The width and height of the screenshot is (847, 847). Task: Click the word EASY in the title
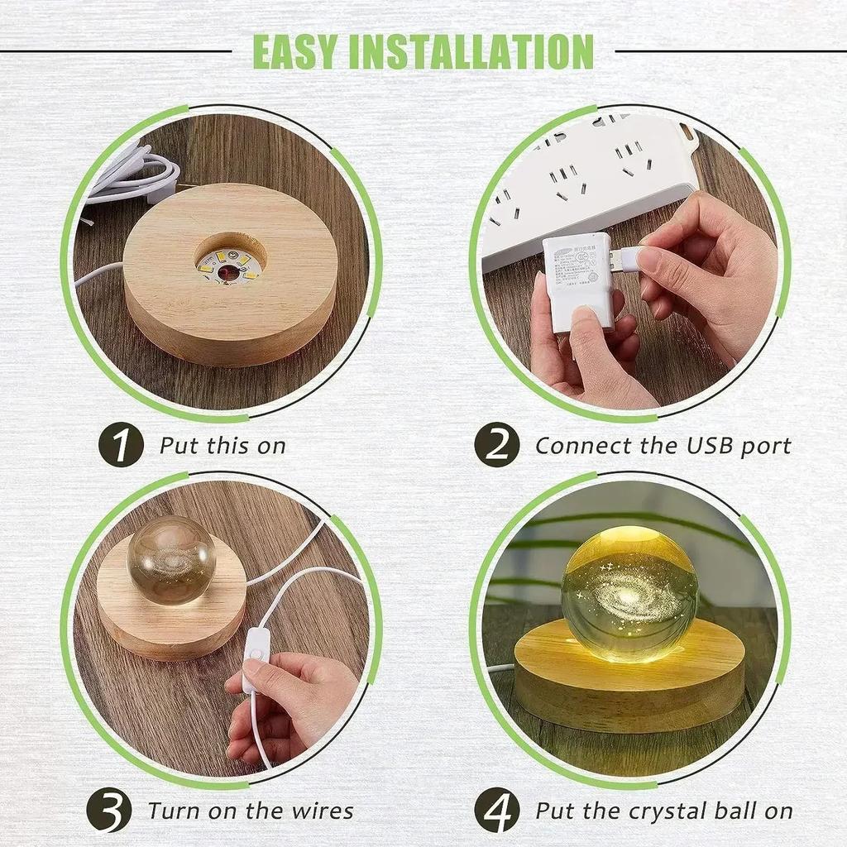point(295,51)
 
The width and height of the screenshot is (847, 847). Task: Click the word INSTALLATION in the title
point(471,51)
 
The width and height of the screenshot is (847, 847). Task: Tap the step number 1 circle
point(121,445)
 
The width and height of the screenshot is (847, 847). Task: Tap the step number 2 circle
point(497,445)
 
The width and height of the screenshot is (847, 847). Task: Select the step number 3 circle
point(110,811)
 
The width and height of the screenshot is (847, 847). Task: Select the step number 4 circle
point(497,811)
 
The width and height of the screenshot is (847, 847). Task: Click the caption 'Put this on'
point(223,446)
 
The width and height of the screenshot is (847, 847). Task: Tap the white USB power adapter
point(577,281)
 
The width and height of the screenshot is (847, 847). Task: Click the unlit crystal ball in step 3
point(171,559)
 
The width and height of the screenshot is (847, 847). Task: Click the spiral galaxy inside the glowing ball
point(629,589)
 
